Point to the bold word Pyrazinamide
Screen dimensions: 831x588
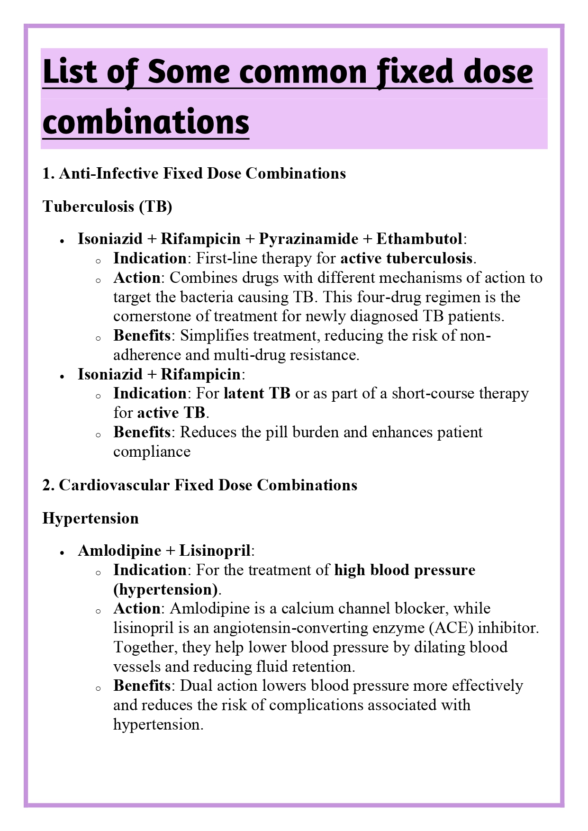308,239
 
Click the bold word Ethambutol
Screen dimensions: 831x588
419,239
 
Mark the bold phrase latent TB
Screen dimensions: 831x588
257,393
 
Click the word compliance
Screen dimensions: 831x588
152,452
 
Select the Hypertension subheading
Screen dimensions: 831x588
90,518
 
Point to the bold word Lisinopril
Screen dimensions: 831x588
215,551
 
